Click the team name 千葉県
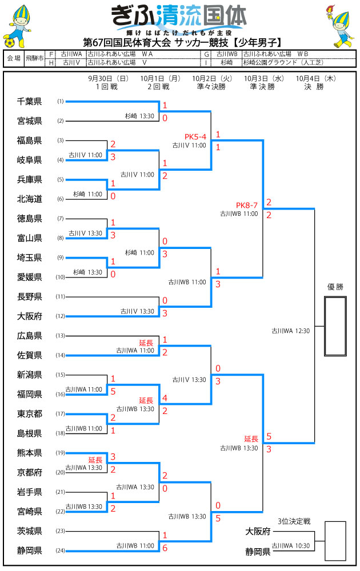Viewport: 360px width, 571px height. [x=30, y=102]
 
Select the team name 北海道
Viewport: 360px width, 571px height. [x=30, y=199]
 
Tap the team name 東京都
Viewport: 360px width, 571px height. [x=30, y=414]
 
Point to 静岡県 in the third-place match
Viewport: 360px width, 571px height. [x=258, y=551]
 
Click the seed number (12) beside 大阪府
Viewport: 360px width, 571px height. [x=60, y=316]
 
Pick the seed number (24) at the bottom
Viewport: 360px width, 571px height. [x=60, y=551]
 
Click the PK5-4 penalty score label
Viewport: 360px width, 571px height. [x=195, y=136]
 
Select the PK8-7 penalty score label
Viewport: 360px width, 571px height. [x=247, y=205]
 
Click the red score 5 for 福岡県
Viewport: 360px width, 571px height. [x=113, y=391]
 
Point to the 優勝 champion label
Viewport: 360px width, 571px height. [x=335, y=287]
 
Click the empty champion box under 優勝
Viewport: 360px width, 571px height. [x=335, y=327]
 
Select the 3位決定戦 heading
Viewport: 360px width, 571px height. [x=293, y=521]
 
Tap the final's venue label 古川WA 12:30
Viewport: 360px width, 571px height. [x=290, y=330]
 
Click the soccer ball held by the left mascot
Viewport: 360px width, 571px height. [x=10, y=42]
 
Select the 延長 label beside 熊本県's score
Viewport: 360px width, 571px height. [x=95, y=459]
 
